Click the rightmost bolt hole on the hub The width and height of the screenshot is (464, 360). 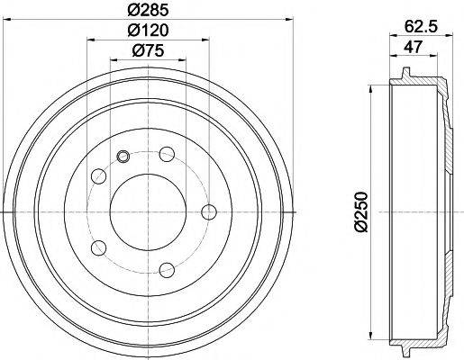click(x=210, y=212)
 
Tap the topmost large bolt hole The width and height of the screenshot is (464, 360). click(x=167, y=156)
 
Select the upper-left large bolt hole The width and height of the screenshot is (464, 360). click(x=98, y=176)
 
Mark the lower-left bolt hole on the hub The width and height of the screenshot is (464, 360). click(x=99, y=247)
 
